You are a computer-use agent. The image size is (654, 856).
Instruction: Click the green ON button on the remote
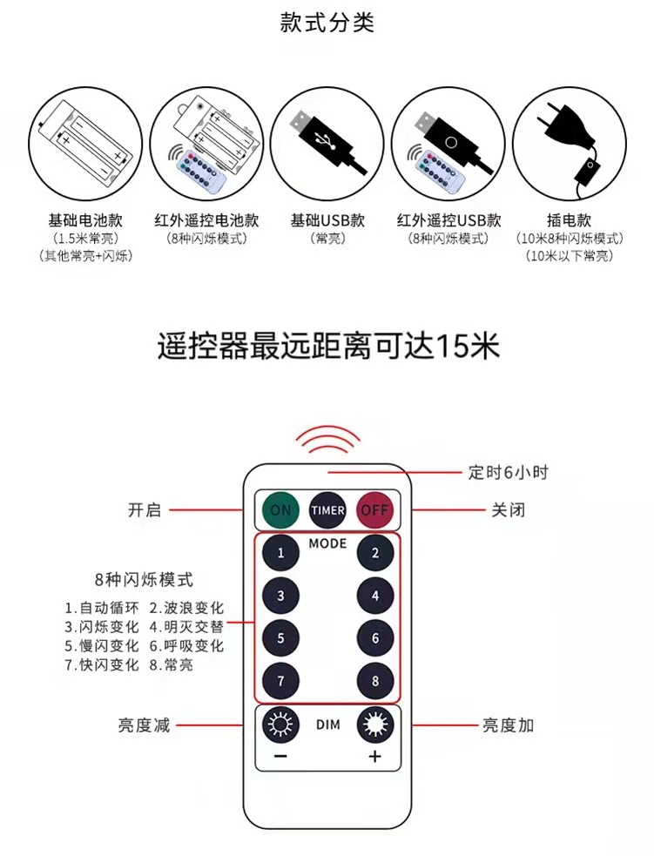(x=280, y=510)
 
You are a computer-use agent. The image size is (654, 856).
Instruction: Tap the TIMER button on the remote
(x=327, y=510)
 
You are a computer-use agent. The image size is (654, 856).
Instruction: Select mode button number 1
(x=280, y=553)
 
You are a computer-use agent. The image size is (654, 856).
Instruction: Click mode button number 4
(x=375, y=596)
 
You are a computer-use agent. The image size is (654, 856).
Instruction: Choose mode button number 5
(x=280, y=638)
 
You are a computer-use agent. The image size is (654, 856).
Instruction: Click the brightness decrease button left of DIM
(x=280, y=725)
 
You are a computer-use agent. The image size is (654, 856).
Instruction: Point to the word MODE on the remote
(x=327, y=543)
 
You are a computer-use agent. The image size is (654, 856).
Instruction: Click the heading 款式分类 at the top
(x=327, y=24)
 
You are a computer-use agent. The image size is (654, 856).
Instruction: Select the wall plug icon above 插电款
(x=569, y=144)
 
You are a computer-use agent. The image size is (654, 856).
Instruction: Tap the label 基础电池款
(x=84, y=220)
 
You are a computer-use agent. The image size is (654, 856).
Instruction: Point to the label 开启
(x=145, y=510)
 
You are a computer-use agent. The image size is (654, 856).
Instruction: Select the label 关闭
(x=509, y=510)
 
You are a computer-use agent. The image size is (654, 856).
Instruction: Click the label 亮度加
(x=509, y=725)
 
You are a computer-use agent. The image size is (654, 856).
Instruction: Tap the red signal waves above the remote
(x=327, y=439)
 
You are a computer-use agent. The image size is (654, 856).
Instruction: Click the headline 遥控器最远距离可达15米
(x=328, y=346)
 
